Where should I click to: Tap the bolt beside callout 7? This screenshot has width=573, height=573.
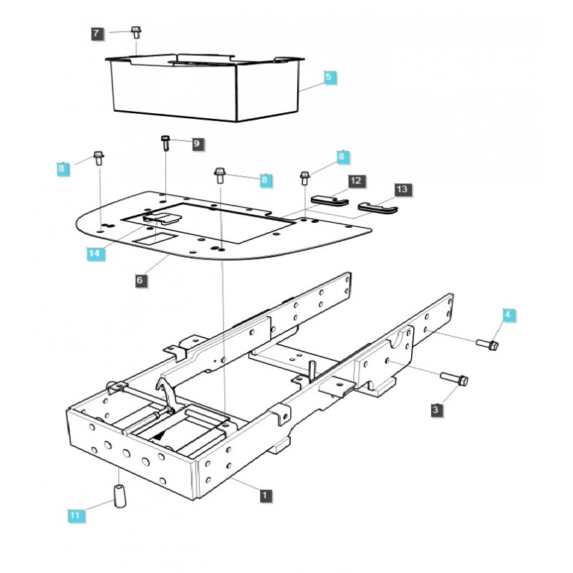pos(135,32)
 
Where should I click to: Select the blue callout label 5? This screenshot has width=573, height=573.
pos(328,77)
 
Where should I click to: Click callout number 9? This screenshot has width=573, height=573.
pos(197,143)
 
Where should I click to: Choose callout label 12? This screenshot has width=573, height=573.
pos(356,181)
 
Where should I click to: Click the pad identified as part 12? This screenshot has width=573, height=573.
pos(329,200)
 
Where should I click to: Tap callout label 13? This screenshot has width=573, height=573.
pos(403,189)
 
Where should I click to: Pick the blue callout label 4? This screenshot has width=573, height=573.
pos(507,314)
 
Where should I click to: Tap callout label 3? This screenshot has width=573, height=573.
pos(435,409)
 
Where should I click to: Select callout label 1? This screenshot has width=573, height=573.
pos(266,494)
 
